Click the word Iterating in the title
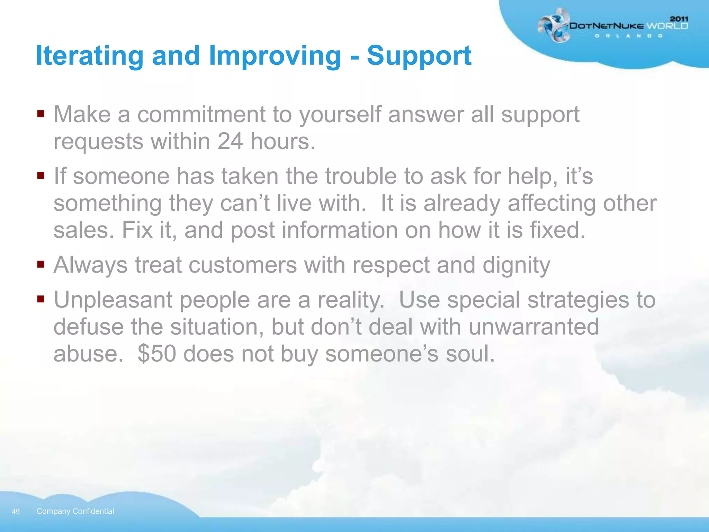click(x=89, y=56)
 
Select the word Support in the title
click(x=419, y=56)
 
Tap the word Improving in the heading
click(x=275, y=56)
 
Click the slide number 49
click(x=16, y=512)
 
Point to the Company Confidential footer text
click(x=75, y=511)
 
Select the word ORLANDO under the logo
click(x=629, y=36)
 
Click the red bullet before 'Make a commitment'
click(x=41, y=114)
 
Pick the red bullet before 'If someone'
click(x=41, y=175)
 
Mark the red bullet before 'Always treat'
click(x=41, y=264)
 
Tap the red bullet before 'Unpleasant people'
click(x=41, y=299)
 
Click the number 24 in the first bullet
click(x=230, y=141)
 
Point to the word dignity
click(x=516, y=265)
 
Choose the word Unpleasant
click(x=113, y=300)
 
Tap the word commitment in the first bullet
click(x=201, y=115)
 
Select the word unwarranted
click(x=533, y=327)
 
